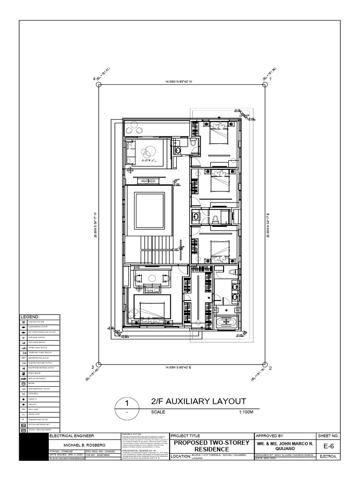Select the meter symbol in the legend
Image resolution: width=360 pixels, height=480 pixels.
tap(23, 383)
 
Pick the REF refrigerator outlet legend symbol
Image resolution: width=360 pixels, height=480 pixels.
tap(23, 357)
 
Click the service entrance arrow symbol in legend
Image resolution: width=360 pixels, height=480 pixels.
tap(23, 378)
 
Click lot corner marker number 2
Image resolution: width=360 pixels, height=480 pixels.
tap(270, 367)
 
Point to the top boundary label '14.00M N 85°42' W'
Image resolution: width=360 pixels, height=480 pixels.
tap(179, 82)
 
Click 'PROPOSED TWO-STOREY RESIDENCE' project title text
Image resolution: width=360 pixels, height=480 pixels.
tap(210, 445)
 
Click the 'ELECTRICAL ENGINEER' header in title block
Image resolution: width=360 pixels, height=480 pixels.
tap(69, 435)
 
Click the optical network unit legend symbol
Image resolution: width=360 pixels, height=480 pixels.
tap(23, 424)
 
